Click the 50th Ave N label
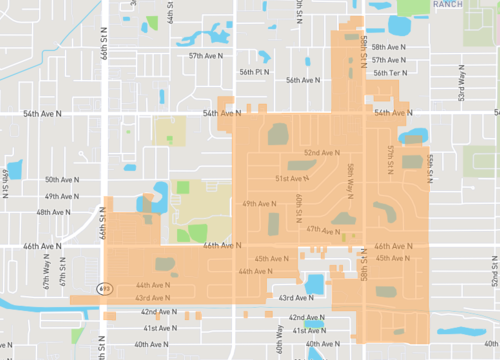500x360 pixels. point(64,180)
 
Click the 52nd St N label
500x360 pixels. point(493,270)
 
